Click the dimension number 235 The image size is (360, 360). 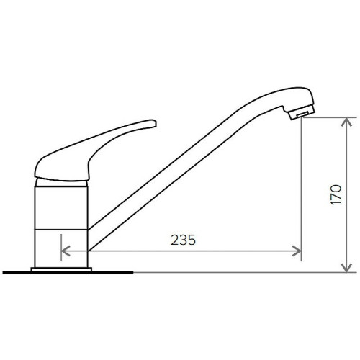click(x=183, y=240)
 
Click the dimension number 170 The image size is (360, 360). click(x=336, y=194)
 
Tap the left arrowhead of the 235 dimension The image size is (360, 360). click(x=66, y=251)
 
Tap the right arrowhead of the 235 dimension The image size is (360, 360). click(x=297, y=251)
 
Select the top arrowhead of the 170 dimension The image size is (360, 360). click(x=346, y=122)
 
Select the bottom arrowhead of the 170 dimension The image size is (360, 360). click(x=346, y=268)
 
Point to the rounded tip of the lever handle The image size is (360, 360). click(x=153, y=123)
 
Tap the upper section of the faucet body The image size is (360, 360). click(x=61, y=208)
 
